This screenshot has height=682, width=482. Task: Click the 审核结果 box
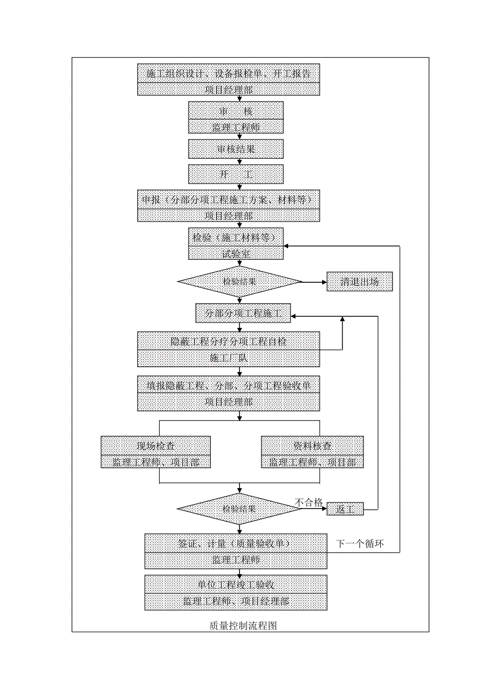tap(236, 149)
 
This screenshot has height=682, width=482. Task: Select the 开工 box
tap(236, 174)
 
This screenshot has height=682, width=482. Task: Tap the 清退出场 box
tap(359, 282)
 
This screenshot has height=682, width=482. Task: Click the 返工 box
tap(345, 509)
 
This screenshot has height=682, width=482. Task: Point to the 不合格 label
tap(309, 502)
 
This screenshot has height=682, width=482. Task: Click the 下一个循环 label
tap(360, 544)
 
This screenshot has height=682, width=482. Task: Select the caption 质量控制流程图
tap(243, 625)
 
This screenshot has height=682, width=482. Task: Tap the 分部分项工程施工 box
tap(244, 314)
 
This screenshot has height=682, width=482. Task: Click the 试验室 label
tap(236, 254)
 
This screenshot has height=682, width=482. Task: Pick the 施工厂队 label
tap(228, 358)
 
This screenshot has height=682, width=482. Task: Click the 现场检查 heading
tap(156, 446)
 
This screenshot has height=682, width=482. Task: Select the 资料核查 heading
tap(312, 446)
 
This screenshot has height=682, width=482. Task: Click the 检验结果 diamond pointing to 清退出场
tap(240, 282)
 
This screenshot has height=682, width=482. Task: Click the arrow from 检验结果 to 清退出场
tap(314, 282)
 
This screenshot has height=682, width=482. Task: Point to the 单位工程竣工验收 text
tap(236, 585)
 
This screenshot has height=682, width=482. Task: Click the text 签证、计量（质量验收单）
tap(236, 543)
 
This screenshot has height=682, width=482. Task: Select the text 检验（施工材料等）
tap(236, 237)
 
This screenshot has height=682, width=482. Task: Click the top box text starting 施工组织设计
tap(228, 73)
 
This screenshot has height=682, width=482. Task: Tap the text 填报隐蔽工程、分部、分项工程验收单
tap(228, 386)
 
